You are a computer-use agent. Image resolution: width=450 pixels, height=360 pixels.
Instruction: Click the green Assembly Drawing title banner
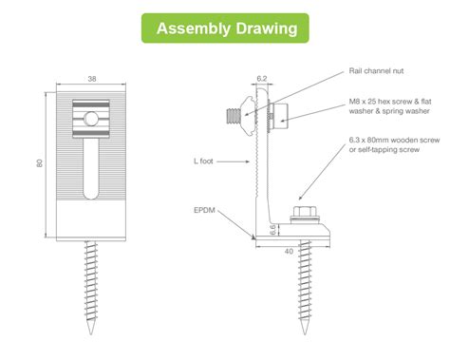pos(225,28)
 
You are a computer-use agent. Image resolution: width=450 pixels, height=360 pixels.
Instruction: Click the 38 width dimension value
pos(92,79)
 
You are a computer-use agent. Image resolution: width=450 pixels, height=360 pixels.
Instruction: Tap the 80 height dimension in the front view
pos(40,163)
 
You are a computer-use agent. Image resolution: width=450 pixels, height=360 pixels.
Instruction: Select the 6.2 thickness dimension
pos(262,79)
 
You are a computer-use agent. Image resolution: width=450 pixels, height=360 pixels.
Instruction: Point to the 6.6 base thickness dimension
pos(272,230)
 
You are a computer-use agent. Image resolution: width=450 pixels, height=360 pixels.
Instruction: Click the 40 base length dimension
pos(289,251)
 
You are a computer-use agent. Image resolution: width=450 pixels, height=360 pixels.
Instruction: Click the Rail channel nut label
pos(376,71)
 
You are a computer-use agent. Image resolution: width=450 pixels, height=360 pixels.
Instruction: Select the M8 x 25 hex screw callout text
pos(390,106)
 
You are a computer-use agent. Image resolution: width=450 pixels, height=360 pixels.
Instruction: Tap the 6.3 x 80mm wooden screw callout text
pos(394,144)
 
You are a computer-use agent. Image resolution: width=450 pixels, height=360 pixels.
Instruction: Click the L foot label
pos(203,161)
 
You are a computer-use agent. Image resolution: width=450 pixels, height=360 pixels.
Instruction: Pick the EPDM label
pos(204,210)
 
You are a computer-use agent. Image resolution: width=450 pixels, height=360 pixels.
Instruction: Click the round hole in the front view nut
pos(91,119)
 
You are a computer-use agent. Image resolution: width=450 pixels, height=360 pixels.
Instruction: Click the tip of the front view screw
pos(91,334)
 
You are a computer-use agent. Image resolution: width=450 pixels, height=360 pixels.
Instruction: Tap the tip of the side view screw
pos(305,334)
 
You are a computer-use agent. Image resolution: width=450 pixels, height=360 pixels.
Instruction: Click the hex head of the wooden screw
pos(305,211)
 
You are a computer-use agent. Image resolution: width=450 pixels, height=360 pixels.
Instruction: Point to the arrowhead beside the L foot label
pos(248,161)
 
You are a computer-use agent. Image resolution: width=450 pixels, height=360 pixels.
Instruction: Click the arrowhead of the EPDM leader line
pos(253,237)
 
